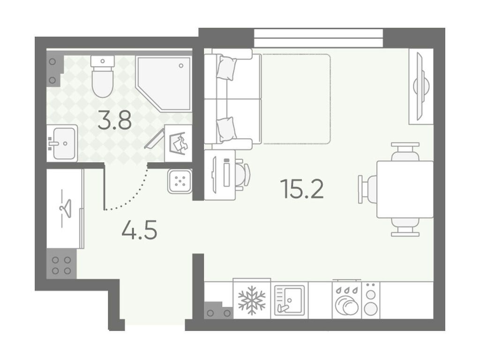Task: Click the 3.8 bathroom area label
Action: coord(115,120)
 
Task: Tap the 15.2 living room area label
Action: coord(302,188)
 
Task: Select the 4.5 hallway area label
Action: coord(139,230)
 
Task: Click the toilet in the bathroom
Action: coord(103,76)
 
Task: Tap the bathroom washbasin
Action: coord(62,143)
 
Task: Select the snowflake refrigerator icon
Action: coord(252,300)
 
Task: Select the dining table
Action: coord(405,189)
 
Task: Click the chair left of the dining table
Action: coord(367,189)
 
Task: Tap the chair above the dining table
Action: coord(405,152)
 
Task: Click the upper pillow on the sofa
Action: coord(226,68)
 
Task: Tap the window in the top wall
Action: coord(318,38)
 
